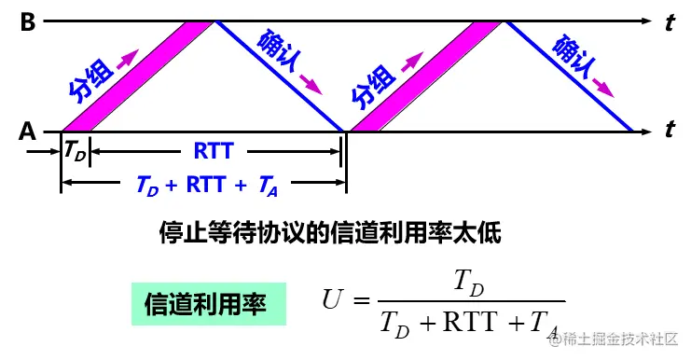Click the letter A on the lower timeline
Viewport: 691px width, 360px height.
coord(27,132)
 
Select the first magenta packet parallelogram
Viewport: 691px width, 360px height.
coord(138,76)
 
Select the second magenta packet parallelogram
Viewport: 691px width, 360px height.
coord(423,76)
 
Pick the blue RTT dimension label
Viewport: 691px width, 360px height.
coord(214,149)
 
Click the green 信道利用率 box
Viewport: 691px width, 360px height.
coord(205,304)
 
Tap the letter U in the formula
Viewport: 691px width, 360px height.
coord(333,299)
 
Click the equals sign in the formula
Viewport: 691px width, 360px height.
coord(362,300)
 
